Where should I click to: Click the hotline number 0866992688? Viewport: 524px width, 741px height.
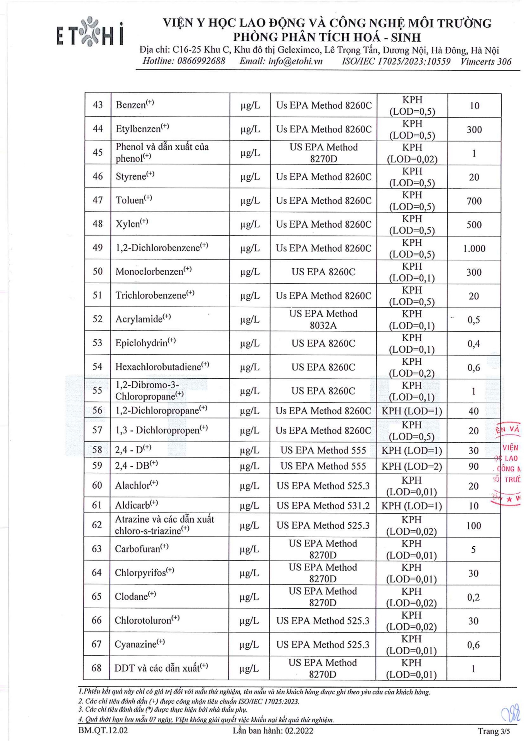coord(201,61)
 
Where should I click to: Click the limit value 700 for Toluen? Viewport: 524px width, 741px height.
coord(474,201)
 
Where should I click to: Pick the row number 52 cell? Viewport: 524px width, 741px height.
coord(98,319)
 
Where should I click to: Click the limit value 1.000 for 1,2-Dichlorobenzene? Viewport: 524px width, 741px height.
coord(474,249)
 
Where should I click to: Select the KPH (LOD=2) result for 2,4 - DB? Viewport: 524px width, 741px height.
coord(412,466)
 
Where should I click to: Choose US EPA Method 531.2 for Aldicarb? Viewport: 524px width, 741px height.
coord(323,506)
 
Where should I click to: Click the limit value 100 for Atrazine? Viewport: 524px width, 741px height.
coord(473,526)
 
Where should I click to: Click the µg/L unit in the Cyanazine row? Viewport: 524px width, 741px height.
coord(249,645)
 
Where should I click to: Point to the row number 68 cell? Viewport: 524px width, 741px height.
coord(96,668)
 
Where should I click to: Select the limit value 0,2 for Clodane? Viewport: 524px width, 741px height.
coord(473,597)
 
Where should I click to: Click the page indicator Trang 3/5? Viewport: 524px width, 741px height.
coord(494,731)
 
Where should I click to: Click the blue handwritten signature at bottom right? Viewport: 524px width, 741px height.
coord(512,713)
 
